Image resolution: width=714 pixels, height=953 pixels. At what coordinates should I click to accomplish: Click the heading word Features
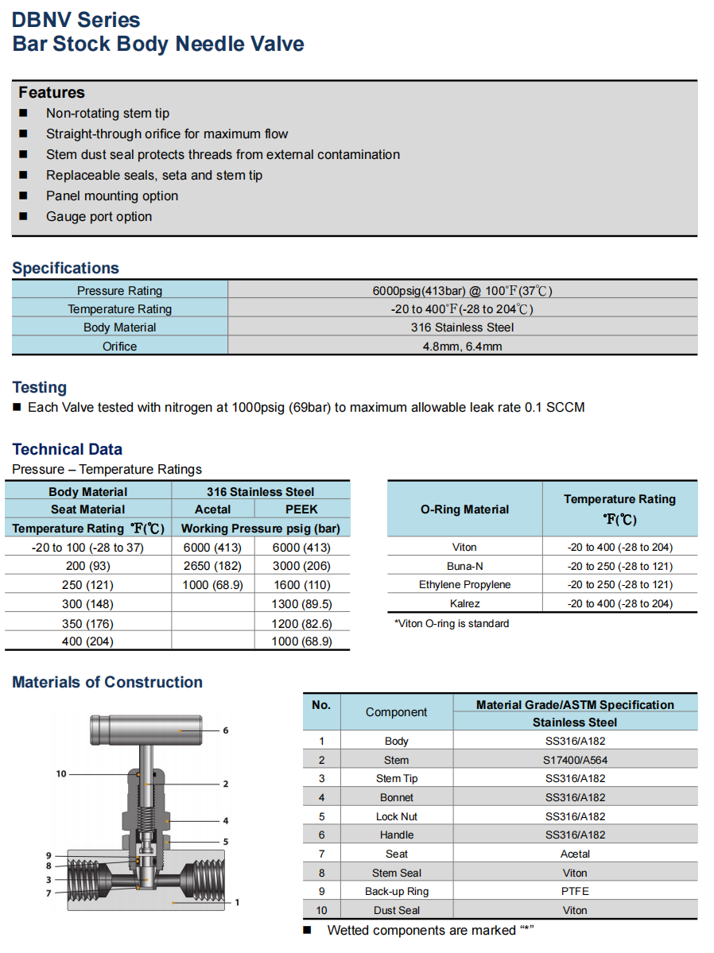pos(52,92)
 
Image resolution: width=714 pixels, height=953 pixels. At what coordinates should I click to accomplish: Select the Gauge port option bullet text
pos(99,216)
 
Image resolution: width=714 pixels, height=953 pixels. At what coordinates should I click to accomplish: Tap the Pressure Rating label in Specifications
pos(119,290)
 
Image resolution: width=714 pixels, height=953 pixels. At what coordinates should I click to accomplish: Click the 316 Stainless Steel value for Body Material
pos(462,327)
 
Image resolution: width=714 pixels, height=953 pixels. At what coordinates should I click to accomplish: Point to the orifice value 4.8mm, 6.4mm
pos(462,347)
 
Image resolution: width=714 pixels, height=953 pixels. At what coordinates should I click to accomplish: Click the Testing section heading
pos(40,387)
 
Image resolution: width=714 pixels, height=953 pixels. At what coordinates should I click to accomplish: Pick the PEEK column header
pos(301,509)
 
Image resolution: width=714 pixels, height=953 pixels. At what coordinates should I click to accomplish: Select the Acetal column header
pos(212,509)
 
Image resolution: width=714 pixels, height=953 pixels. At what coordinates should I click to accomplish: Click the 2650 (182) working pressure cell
pos(212,566)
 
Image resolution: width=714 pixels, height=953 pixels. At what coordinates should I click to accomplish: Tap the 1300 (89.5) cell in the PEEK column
pos(301,604)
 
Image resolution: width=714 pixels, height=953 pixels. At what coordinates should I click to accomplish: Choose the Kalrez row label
pos(465,604)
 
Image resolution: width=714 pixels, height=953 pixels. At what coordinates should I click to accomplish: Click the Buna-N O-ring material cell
pos(465,566)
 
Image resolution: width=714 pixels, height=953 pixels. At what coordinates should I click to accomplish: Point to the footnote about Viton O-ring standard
pos(452,623)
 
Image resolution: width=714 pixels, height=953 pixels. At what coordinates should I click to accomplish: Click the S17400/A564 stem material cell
pos(575,760)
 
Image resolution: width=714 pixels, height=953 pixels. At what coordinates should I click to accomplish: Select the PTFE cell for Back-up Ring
pos(575,891)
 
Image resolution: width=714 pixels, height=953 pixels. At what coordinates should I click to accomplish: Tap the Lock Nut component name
pos(396,816)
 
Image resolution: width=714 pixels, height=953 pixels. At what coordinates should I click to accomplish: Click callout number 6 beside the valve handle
pos(226,730)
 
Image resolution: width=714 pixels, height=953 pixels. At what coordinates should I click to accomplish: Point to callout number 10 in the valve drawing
pos(61,773)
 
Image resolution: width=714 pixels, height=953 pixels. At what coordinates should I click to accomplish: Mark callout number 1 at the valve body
pos(237,902)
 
